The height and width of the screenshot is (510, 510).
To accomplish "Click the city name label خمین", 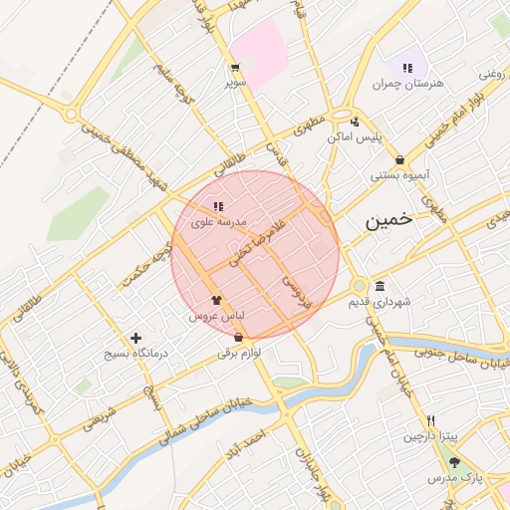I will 387,222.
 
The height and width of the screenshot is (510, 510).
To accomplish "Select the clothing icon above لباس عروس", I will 216,298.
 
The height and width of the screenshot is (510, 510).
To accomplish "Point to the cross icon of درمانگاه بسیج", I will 136,338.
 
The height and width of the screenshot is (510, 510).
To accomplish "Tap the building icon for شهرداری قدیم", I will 380,287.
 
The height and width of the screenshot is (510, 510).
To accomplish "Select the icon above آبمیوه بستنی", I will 399,159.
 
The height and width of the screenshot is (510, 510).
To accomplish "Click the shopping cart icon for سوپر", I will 235,69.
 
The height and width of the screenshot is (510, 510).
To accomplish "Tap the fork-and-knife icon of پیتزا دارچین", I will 430,420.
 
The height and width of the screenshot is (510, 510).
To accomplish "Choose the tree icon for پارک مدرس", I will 455,462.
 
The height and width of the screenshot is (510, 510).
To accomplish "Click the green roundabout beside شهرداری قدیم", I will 359,288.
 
